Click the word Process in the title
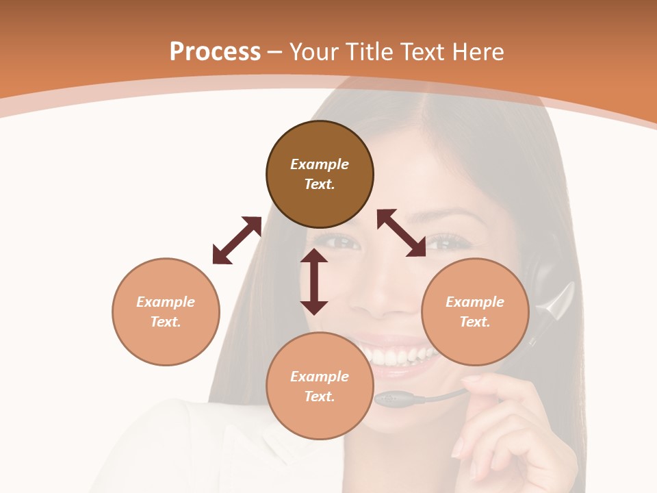[x=215, y=52]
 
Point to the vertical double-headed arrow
[x=314, y=281]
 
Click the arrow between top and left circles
[x=237, y=240]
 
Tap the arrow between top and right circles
[x=401, y=233]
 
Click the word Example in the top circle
[x=320, y=164]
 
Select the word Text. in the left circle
[x=166, y=322]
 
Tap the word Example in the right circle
[x=475, y=302]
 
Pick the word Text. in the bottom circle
[x=320, y=396]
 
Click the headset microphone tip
[x=387, y=399]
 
